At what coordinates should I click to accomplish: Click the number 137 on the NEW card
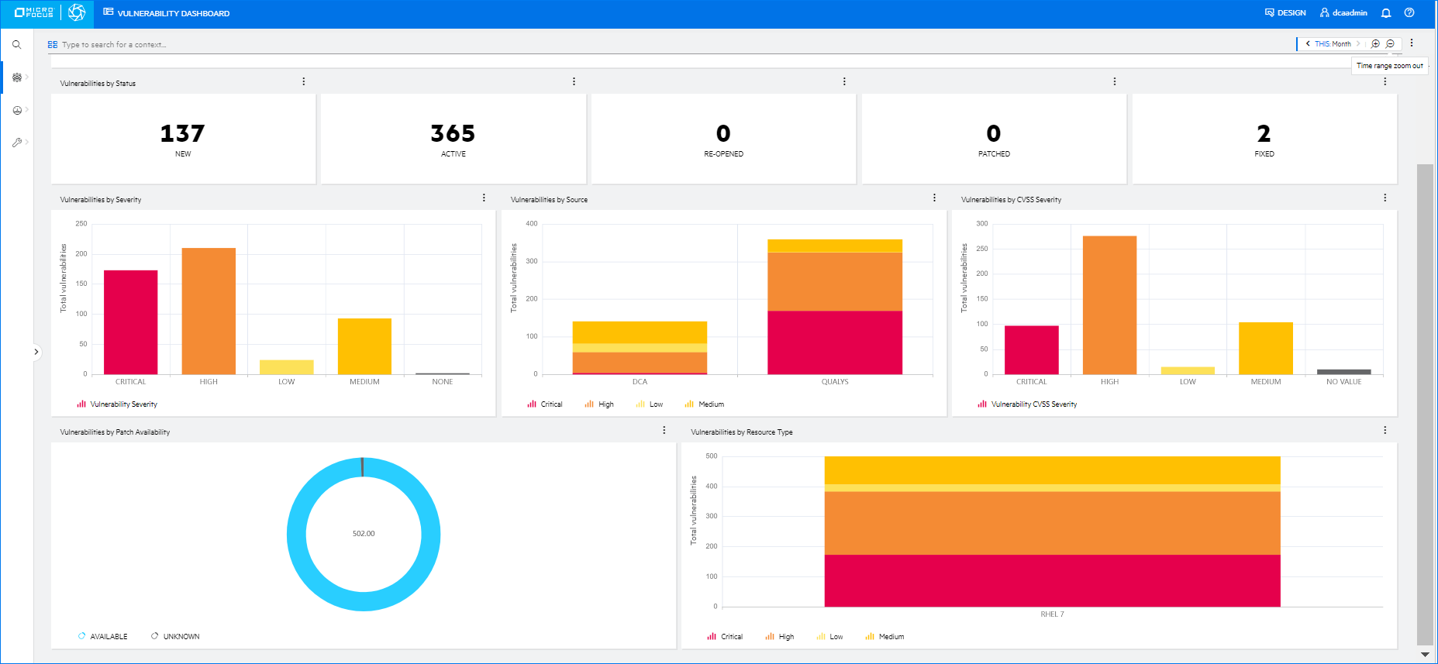tap(182, 133)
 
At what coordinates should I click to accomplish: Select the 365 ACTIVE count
tap(453, 133)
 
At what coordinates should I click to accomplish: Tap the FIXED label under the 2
tap(1264, 154)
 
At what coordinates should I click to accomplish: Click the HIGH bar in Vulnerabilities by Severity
tap(209, 310)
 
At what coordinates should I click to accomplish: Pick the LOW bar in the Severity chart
tap(286, 366)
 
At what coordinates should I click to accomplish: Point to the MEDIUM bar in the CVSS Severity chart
tap(1265, 348)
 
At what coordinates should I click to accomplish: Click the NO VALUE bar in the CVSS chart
tap(1343, 372)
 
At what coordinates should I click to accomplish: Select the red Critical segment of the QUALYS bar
tap(834, 342)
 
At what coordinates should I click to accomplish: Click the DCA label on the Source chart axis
tap(640, 382)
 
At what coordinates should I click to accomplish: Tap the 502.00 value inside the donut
tap(364, 534)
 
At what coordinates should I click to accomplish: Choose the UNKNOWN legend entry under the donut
tap(181, 637)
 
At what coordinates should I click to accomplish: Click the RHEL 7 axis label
tap(1052, 614)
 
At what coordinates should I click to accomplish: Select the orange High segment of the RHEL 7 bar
tap(1052, 522)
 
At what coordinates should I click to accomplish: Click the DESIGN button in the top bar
tap(1285, 13)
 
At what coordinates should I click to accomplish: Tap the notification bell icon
tap(1386, 13)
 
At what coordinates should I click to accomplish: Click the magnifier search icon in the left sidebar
tap(16, 45)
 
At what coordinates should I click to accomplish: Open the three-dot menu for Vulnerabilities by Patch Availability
tap(664, 430)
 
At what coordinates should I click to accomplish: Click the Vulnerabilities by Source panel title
tap(549, 200)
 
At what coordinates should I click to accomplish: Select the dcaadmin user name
tap(1349, 13)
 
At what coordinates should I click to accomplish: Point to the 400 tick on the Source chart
tap(531, 224)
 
